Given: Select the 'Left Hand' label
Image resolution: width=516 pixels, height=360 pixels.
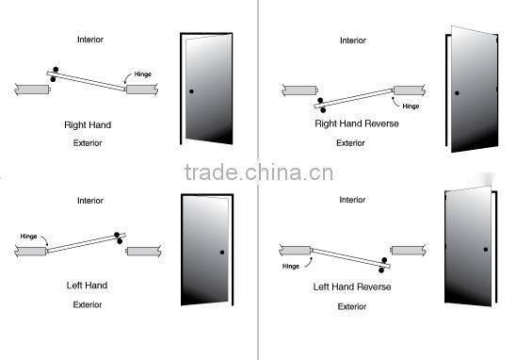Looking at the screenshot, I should (86, 286).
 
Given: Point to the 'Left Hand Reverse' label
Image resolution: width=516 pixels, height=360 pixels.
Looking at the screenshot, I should (351, 286).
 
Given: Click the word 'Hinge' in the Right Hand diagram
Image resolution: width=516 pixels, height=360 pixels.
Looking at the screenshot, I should (142, 74).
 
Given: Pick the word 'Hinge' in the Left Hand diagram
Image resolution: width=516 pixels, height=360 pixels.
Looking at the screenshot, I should (29, 236).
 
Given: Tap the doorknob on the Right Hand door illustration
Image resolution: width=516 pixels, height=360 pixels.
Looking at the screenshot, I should (191, 91).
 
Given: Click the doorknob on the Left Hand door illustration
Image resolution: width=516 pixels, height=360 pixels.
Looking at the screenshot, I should (222, 252).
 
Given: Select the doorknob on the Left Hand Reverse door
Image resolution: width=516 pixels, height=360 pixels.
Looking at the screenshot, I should (486, 249).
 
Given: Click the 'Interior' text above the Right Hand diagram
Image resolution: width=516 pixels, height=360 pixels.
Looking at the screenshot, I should (90, 40).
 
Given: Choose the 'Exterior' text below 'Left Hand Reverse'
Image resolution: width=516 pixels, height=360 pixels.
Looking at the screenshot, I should (351, 306).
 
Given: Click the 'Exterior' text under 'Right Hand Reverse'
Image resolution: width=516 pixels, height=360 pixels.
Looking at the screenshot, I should (351, 143).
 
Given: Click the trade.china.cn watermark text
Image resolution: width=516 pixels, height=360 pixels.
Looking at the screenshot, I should (258, 173).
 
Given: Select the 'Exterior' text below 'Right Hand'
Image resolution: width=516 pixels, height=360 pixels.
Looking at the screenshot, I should (88, 143).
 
